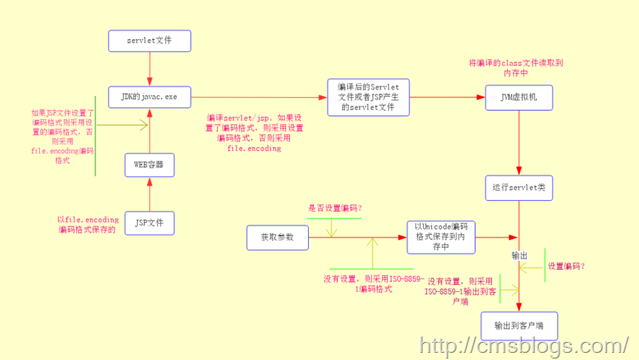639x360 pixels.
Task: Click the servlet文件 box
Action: [149, 40]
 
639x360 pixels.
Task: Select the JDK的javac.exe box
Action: [149, 96]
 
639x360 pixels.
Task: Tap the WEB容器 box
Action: [149, 165]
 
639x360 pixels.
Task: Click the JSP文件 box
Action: [149, 222]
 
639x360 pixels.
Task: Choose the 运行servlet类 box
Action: [519, 188]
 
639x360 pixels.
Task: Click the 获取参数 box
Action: [278, 237]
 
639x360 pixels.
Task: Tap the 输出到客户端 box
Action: [519, 326]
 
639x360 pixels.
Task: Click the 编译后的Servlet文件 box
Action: [368, 97]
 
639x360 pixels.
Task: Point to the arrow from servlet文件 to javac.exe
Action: [149, 69]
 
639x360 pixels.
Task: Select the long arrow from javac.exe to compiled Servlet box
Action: [259, 97]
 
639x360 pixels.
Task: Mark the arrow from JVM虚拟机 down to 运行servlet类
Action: [519, 142]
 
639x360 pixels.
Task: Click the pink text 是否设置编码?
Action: [335, 208]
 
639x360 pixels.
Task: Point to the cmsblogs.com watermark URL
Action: [524, 346]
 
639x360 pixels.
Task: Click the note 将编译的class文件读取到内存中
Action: [516, 67]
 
